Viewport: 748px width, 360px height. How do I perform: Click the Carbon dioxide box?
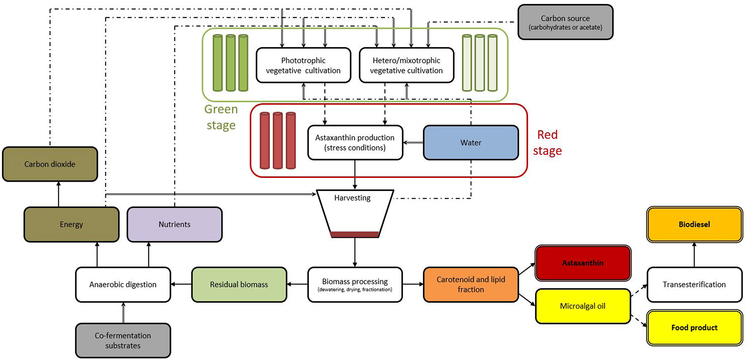(50, 164)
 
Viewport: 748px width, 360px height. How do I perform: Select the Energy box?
(72, 224)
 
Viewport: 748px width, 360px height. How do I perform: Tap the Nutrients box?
(175, 224)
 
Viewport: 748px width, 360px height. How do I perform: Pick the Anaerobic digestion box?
(123, 284)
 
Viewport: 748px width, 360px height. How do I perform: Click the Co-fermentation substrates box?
(123, 340)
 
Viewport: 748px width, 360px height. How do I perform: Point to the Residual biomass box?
(239, 284)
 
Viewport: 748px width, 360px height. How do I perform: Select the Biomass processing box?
(355, 284)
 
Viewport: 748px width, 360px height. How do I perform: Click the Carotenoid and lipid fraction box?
(471, 284)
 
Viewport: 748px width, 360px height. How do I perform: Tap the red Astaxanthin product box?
(583, 263)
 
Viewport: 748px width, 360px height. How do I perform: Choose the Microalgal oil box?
(583, 306)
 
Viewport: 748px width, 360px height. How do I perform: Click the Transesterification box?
(694, 284)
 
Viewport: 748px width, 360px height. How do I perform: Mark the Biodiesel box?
(694, 224)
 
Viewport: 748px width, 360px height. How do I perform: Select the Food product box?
(694, 328)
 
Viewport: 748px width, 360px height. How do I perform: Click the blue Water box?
(471, 143)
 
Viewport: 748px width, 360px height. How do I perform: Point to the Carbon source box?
(565, 22)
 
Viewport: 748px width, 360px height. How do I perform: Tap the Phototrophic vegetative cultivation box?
(304, 65)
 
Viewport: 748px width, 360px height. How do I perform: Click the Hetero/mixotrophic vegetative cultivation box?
(406, 65)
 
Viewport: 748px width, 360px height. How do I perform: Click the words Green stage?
(221, 117)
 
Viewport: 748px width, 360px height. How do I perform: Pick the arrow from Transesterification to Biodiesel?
(694, 255)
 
